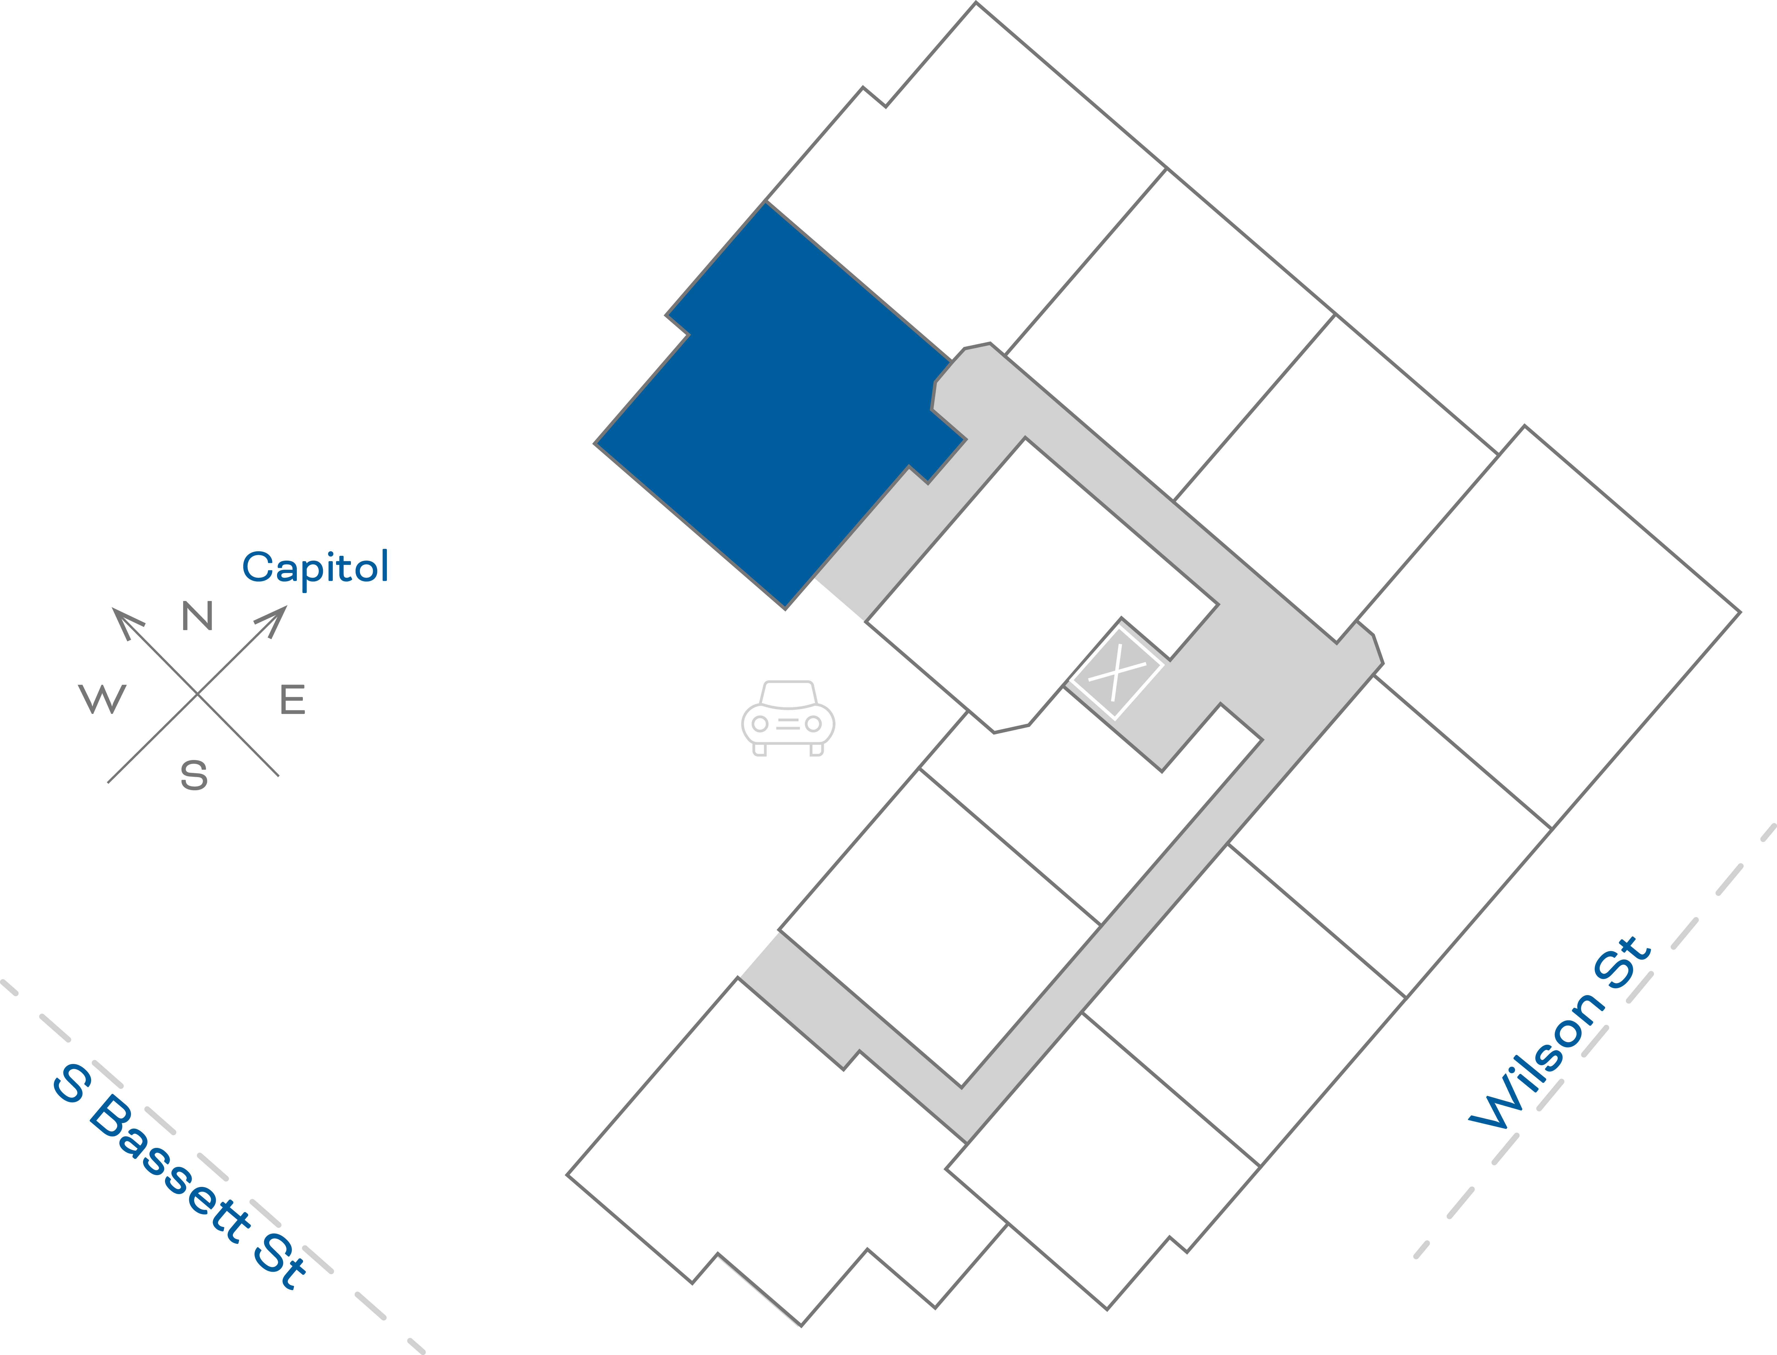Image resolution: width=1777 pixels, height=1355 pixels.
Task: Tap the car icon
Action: pyautogui.click(x=788, y=718)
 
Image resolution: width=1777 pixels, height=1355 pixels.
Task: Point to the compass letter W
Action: pyautogui.click(x=102, y=699)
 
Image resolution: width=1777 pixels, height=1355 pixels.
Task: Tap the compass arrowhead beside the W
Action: pyautogui.click(x=125, y=621)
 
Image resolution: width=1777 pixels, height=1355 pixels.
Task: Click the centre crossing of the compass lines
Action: pyautogui.click(x=197, y=694)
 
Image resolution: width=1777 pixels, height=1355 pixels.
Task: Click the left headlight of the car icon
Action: pyautogui.click(x=759, y=724)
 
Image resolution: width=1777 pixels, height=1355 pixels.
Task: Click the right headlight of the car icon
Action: pyautogui.click(x=814, y=724)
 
